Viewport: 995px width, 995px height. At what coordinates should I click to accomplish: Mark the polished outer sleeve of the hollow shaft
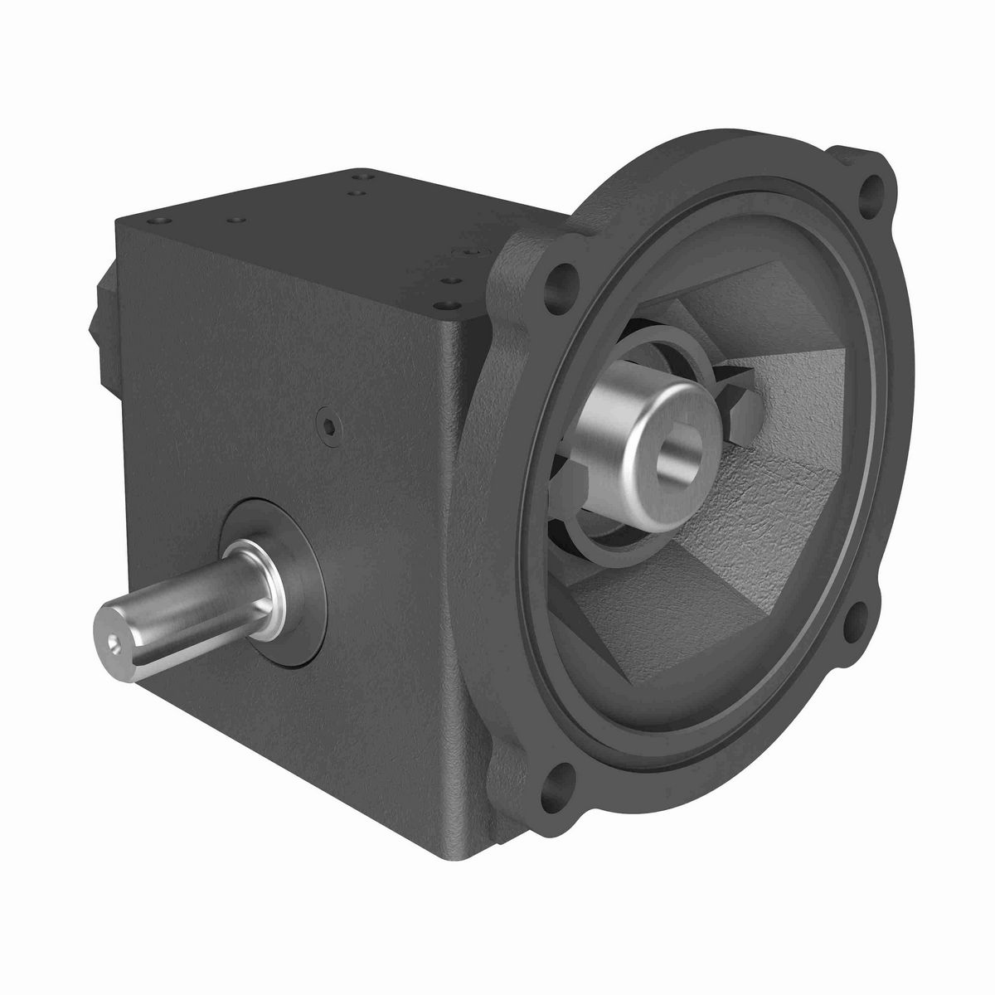click(630, 431)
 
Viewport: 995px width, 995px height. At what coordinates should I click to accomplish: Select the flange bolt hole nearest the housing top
click(566, 275)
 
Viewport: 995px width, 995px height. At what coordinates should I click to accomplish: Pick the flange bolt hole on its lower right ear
click(858, 614)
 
